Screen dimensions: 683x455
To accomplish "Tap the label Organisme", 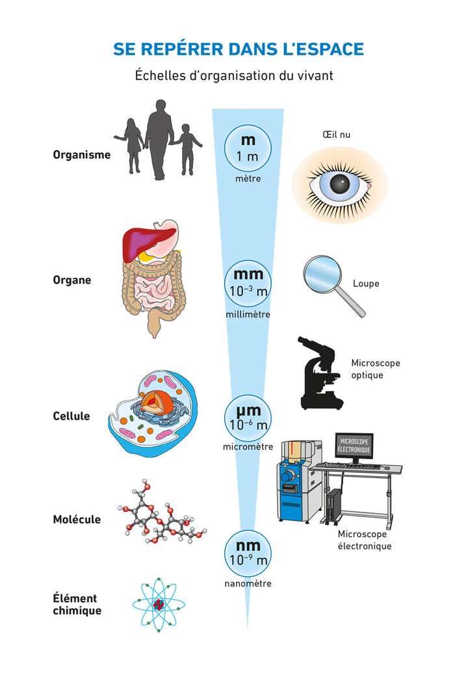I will pos(82,155).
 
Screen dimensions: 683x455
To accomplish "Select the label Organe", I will pos(72,280).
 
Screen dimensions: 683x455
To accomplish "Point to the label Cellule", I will pos(71,416).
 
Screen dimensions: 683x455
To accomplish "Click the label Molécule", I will pos(77,520).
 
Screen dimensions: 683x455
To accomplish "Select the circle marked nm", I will pos(248,553).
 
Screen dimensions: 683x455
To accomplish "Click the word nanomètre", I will pos(248,583).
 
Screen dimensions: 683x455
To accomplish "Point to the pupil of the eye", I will pos(339,184).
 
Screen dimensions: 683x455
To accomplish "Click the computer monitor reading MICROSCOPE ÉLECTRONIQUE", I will pos(354,446).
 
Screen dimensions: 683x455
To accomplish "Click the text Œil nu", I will pos(336,135).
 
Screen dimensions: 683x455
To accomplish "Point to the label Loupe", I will pos(366,284).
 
